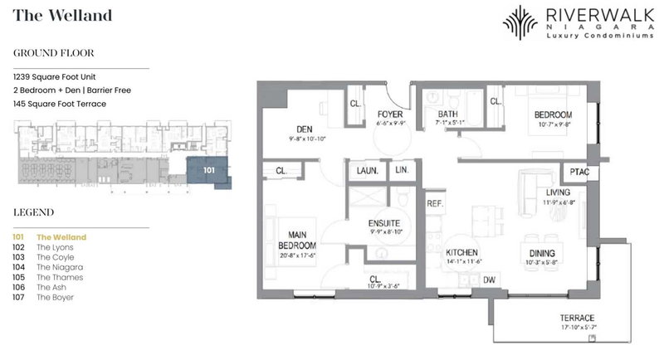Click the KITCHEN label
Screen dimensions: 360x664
[463, 254]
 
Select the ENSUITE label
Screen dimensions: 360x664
[385, 223]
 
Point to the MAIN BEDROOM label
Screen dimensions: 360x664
[295, 241]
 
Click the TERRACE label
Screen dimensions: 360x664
[577, 319]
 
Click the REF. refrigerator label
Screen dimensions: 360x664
[435, 202]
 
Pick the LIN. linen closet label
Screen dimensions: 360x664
[403, 169]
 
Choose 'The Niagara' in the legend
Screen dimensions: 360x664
[59, 267]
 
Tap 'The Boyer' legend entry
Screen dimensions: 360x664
[56, 297]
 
